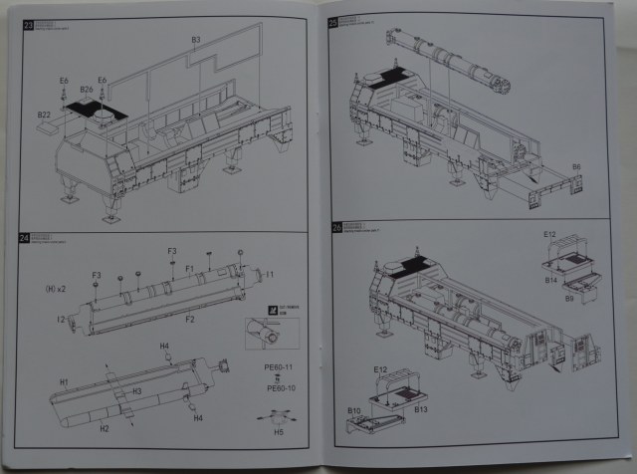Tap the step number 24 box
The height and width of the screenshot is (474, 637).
coord(27,241)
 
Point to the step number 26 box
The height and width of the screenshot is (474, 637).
coord(335,228)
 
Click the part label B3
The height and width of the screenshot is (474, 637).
coord(195,40)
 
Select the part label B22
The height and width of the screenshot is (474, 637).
coord(44,116)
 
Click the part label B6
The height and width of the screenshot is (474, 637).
coord(577,165)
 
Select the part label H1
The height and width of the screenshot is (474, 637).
coord(64,381)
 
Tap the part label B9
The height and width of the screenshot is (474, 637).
coord(569,298)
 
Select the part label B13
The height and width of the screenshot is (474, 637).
coord(420,409)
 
